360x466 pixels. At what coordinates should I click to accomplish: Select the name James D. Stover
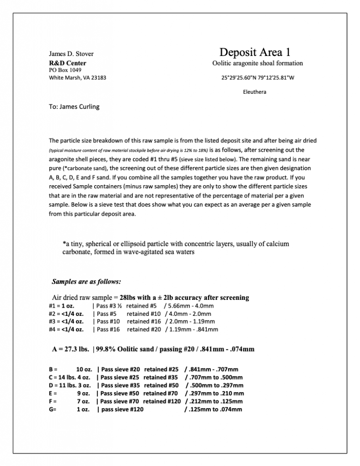click(71, 54)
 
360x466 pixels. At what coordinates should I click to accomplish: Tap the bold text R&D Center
click(67, 63)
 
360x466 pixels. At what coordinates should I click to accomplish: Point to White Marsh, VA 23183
click(77, 77)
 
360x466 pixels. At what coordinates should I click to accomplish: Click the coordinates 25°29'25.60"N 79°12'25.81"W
click(258, 77)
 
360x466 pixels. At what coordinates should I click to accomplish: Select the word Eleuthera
click(254, 92)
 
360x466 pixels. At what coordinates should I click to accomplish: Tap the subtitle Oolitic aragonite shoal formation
click(257, 63)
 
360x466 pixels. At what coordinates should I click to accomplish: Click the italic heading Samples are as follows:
click(86, 281)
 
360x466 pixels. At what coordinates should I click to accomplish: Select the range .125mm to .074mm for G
click(213, 409)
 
